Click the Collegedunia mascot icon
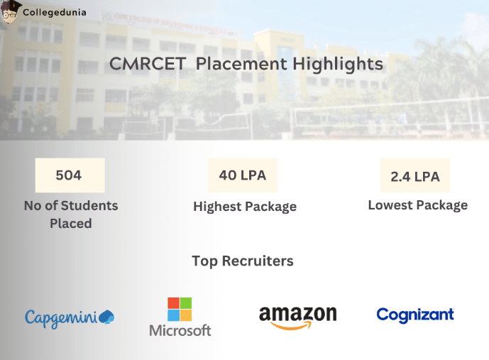pyautogui.click(x=9, y=12)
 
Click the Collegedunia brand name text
pyautogui.click(x=51, y=12)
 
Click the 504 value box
pyautogui.click(x=70, y=175)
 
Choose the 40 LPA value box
pyautogui.click(x=243, y=175)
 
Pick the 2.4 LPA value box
pyautogui.click(x=415, y=176)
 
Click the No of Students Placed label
pyautogui.click(x=70, y=214)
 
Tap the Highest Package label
pyautogui.click(x=245, y=207)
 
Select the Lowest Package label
pyautogui.click(x=417, y=205)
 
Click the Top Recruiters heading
pyautogui.click(x=243, y=261)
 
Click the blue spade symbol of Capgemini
pyautogui.click(x=106, y=316)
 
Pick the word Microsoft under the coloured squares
pyautogui.click(x=180, y=331)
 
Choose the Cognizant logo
pyautogui.click(x=415, y=315)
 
